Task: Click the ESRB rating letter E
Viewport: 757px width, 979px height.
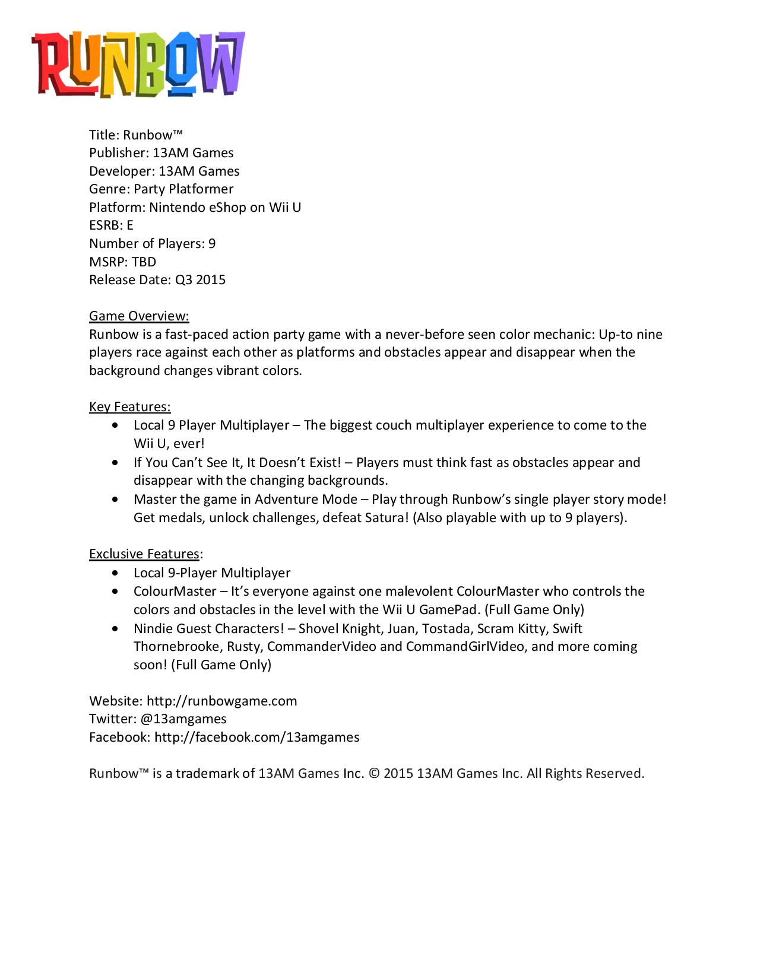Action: (x=129, y=225)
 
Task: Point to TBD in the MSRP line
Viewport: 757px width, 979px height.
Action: (x=144, y=262)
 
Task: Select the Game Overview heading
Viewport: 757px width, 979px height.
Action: (x=139, y=316)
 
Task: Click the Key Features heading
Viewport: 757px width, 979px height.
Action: (x=129, y=407)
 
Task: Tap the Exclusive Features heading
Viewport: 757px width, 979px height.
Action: (x=144, y=554)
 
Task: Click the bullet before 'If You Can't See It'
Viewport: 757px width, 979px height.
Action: (x=115, y=463)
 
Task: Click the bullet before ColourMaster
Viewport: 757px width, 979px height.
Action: (x=115, y=592)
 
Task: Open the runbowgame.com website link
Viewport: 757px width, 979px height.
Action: (x=221, y=701)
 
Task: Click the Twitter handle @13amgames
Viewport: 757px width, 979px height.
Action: (x=183, y=719)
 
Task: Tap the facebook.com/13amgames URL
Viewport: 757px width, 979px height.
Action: (x=256, y=738)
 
